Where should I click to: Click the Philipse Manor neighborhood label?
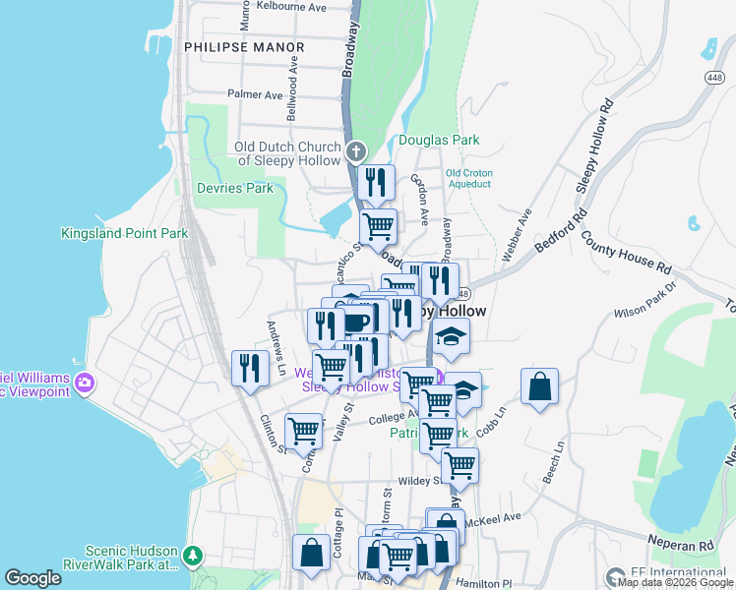[244, 46]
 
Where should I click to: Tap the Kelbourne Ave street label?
[290, 7]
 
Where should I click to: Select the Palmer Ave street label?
[255, 95]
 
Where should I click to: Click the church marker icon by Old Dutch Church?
[356, 152]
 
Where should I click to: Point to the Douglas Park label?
[440, 141]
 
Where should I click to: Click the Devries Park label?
[234, 188]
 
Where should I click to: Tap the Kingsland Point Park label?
[124, 234]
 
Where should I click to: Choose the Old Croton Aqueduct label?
[468, 178]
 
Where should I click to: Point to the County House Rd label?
[626, 253]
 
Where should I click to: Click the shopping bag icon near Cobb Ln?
[540, 386]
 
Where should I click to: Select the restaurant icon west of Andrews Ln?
[250, 369]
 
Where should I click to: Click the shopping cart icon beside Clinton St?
[303, 430]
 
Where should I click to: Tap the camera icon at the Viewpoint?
[86, 382]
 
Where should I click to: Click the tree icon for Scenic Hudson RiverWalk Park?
[193, 557]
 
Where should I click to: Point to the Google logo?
[33, 578]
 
